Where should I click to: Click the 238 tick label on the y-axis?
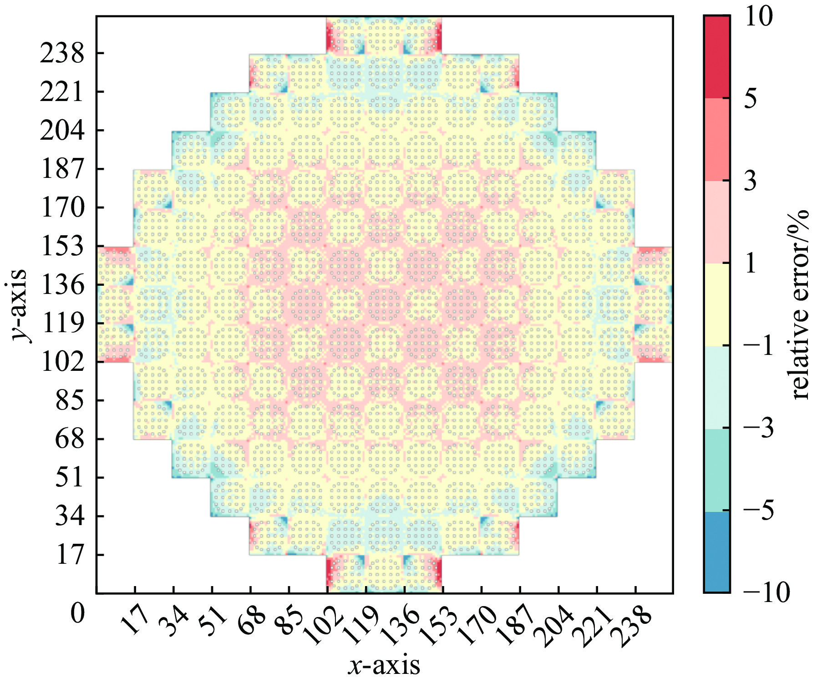click(x=62, y=54)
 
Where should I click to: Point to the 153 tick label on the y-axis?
click(x=62, y=247)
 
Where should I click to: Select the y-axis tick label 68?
click(x=70, y=440)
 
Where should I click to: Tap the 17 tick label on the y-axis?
click(x=70, y=556)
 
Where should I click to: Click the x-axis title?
click(x=384, y=665)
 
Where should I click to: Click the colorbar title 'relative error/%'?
click(x=800, y=305)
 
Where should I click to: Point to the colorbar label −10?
click(x=766, y=592)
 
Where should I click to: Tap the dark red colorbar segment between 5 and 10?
click(x=716, y=57)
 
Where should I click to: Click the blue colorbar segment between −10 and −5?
click(x=716, y=551)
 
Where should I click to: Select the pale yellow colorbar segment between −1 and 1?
click(x=716, y=305)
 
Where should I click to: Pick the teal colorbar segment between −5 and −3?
click(x=716, y=470)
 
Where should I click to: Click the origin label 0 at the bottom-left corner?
click(x=78, y=613)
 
